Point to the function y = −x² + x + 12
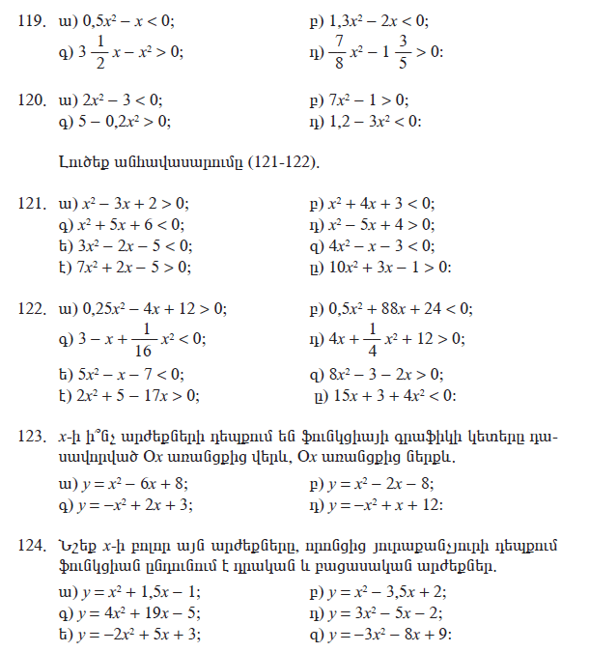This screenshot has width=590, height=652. point(385,504)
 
